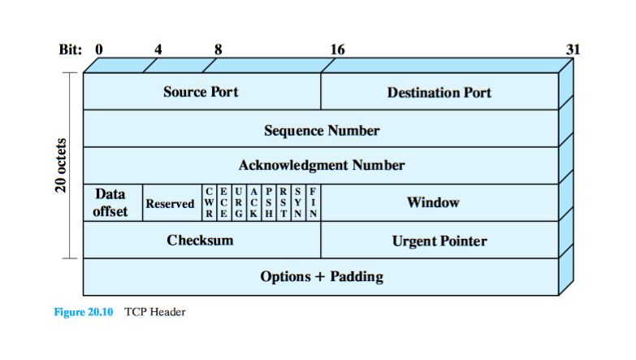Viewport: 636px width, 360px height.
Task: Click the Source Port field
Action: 201,92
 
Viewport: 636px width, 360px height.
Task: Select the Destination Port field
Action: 439,92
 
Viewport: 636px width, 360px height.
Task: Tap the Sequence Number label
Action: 322,130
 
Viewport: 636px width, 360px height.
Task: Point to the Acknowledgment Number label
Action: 322,166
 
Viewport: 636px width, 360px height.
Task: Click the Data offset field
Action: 111,203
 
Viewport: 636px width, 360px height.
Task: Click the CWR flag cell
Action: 209,203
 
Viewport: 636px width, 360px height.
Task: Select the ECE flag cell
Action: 223,203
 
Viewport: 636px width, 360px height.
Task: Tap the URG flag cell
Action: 238,203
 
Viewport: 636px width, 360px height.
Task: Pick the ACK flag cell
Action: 253,203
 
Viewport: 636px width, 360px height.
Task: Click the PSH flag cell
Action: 268,203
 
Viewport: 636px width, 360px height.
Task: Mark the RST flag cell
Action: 283,203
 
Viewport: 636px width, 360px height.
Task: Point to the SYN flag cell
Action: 298,203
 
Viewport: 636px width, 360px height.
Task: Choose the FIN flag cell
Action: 313,203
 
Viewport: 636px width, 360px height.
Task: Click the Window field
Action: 433,203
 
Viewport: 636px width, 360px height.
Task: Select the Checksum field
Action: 200,240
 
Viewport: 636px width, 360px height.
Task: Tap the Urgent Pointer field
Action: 439,241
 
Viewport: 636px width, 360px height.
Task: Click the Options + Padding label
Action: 322,276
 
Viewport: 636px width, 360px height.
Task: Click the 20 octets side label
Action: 61,167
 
